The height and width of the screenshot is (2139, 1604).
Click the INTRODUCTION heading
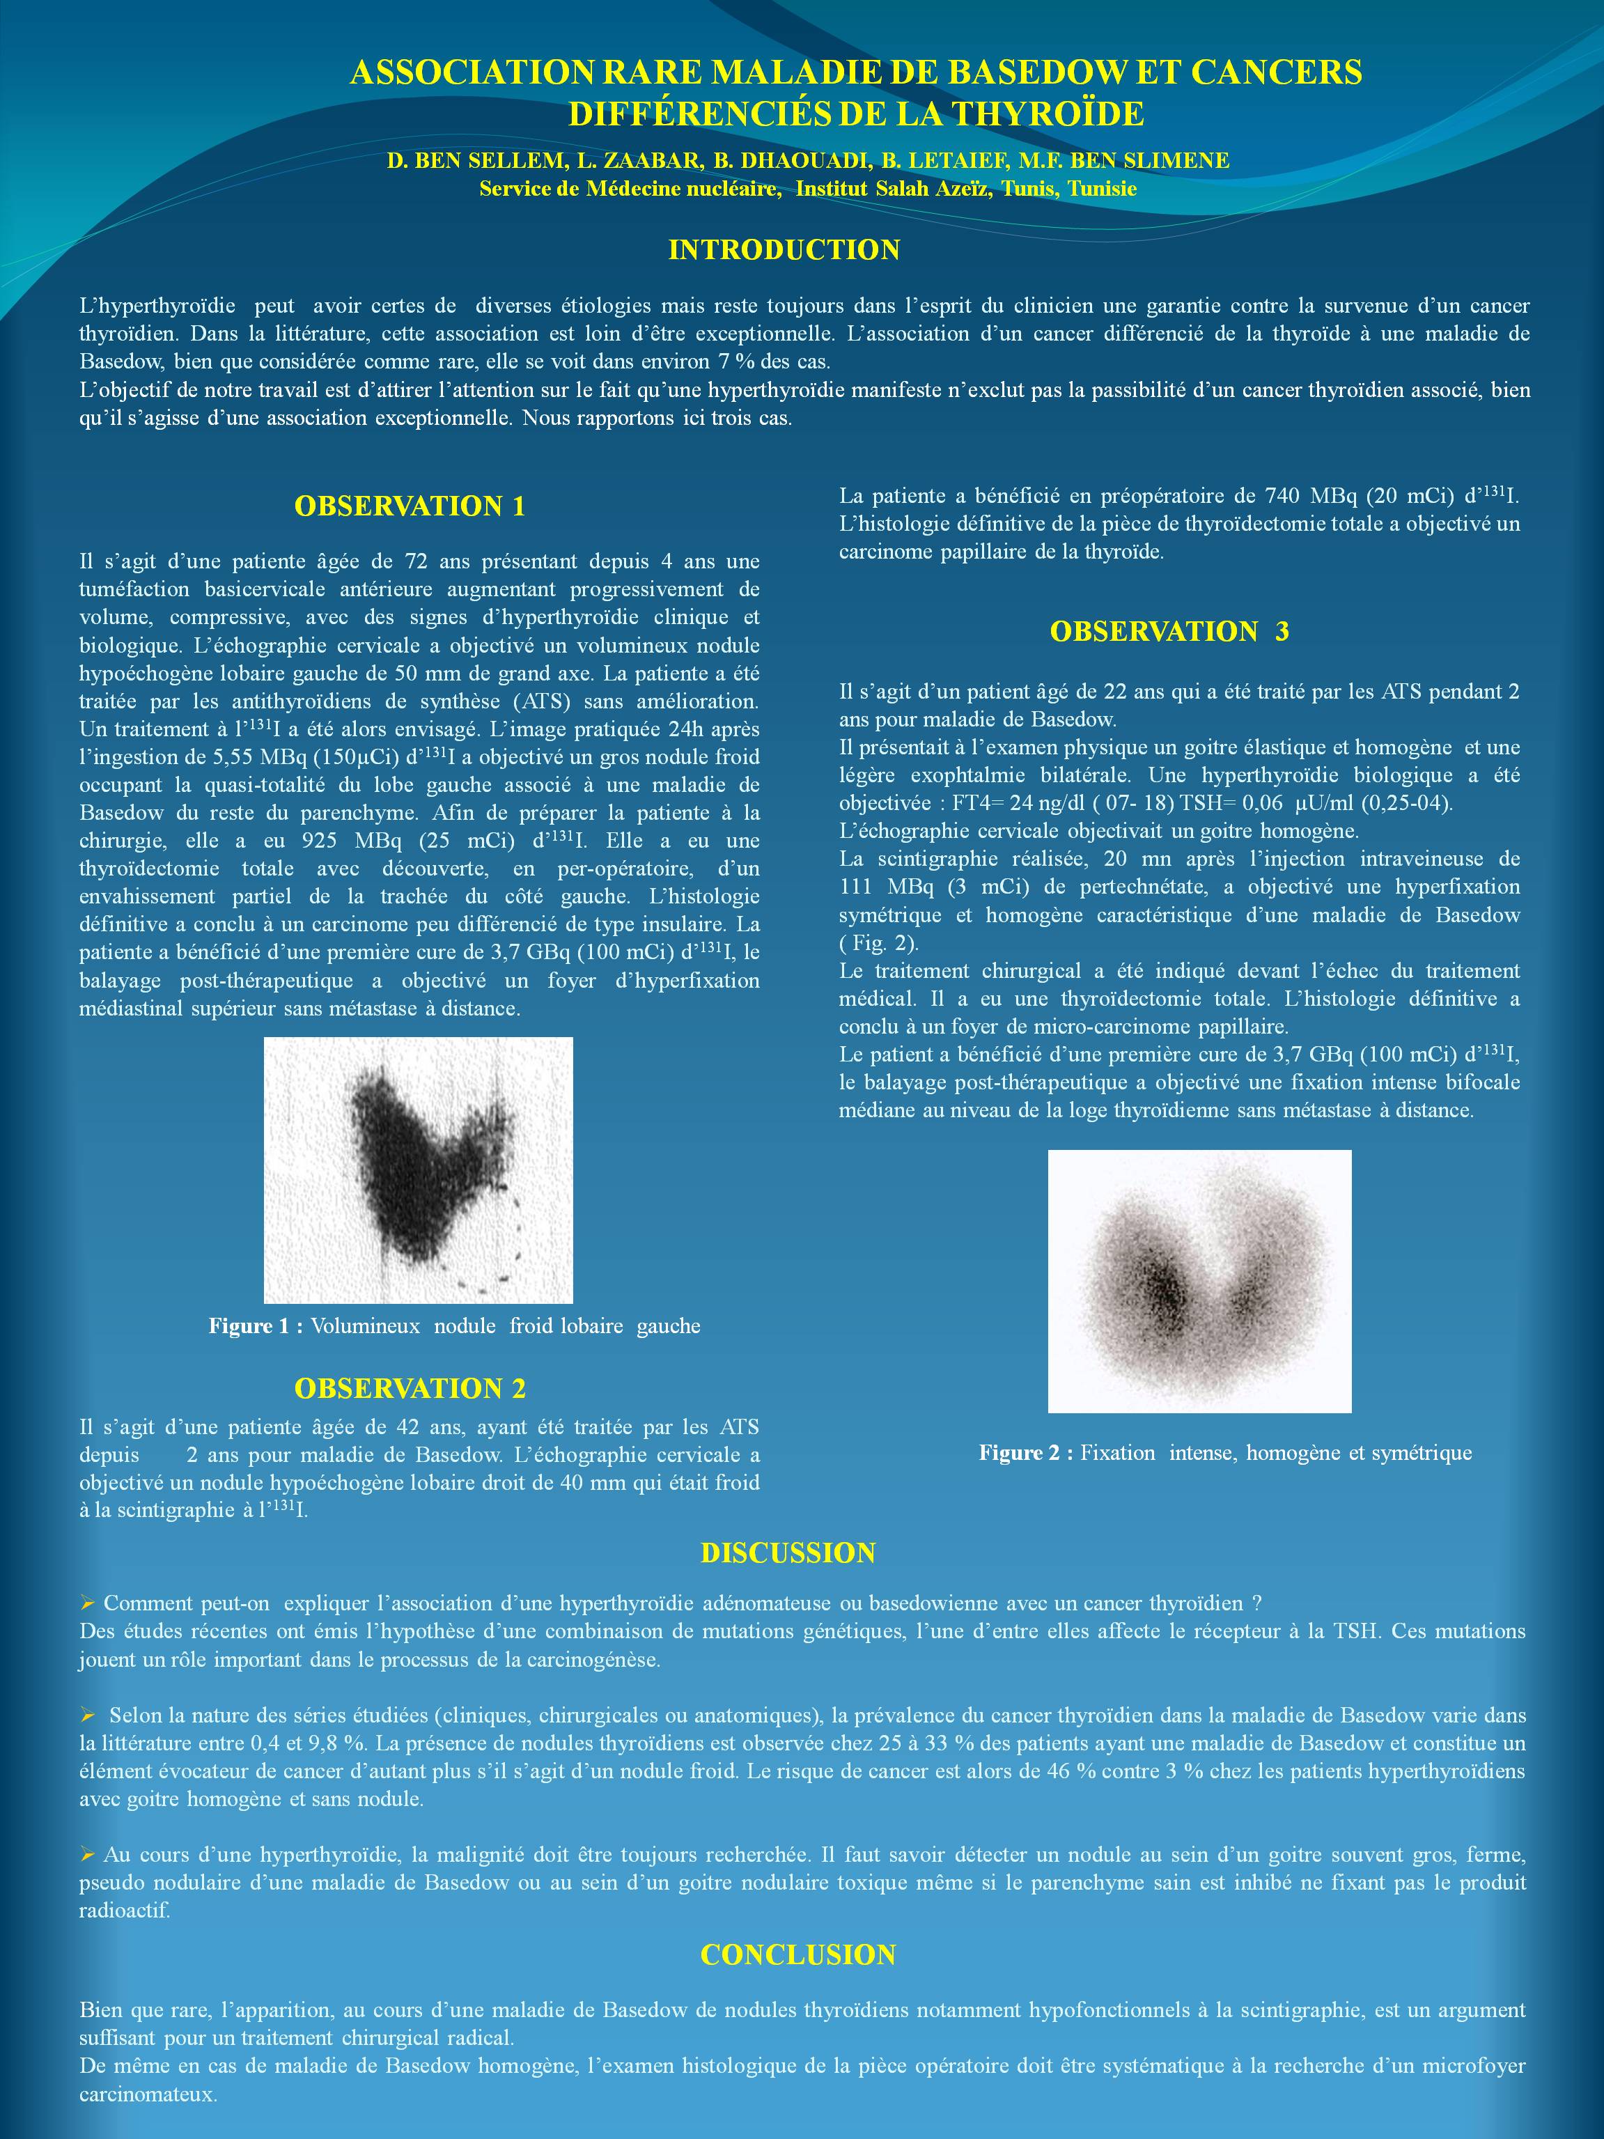[x=784, y=249]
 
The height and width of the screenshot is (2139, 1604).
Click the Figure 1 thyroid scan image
[x=419, y=1170]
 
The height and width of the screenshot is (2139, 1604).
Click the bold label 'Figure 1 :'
[x=255, y=1325]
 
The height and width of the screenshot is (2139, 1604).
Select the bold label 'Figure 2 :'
[x=1026, y=1452]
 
